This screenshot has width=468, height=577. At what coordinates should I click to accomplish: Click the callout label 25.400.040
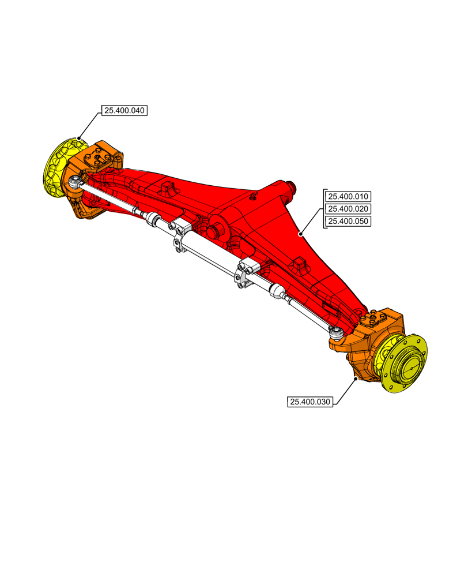coord(124,110)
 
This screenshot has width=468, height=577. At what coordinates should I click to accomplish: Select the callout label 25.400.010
coord(348,196)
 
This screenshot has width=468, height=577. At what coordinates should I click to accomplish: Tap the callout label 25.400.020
coord(348,209)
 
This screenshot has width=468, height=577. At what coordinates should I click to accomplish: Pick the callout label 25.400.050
coord(348,222)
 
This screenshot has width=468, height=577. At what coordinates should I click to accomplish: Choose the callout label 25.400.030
coord(310,402)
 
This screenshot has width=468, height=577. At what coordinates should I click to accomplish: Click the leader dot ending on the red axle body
coord(300,234)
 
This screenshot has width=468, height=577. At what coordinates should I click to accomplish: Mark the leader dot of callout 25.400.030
coord(356,379)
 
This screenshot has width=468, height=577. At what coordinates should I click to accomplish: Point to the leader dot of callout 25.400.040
coord(79,138)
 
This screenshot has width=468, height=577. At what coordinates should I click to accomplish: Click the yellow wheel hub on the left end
coord(61,167)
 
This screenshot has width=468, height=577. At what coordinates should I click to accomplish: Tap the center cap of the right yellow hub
coord(411,365)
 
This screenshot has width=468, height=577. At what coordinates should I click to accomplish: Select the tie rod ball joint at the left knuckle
coord(76,182)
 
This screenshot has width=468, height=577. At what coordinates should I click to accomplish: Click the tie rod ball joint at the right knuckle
coord(335,331)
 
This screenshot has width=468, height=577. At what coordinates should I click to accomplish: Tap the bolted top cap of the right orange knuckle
coord(375,318)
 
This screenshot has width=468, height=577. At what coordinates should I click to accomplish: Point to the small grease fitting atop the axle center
coord(252,197)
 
